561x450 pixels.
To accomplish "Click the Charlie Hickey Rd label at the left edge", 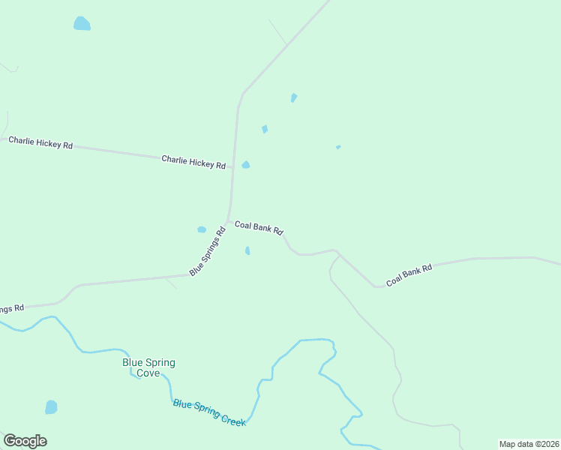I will (40, 142).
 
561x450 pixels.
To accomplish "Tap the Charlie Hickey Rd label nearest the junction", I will (193, 161).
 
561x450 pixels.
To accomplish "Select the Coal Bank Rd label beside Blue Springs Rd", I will (259, 227).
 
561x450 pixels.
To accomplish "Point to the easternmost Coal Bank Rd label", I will (409, 275).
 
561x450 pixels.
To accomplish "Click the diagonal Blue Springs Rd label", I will (208, 252).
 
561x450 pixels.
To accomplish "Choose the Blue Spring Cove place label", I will (148, 367).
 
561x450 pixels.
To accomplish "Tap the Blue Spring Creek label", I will (209, 413).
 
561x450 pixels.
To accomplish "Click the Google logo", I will (25, 441).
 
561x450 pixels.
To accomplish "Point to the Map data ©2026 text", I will (529, 444).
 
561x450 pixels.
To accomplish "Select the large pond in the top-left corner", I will (82, 24).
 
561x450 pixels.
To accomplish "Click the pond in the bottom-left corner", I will (51, 407).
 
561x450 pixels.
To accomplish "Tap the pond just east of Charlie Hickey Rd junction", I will (245, 165).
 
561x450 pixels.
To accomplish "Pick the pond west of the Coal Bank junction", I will (201, 229).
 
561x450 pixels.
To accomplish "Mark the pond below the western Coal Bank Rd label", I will (247, 250).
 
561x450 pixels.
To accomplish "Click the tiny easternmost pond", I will (338, 147).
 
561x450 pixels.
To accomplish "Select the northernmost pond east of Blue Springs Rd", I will (294, 97).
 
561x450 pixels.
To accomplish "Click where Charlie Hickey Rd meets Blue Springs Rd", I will (233, 167).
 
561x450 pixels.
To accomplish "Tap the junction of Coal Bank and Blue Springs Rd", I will (228, 220).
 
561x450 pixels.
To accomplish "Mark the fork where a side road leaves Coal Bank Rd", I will (337, 253).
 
